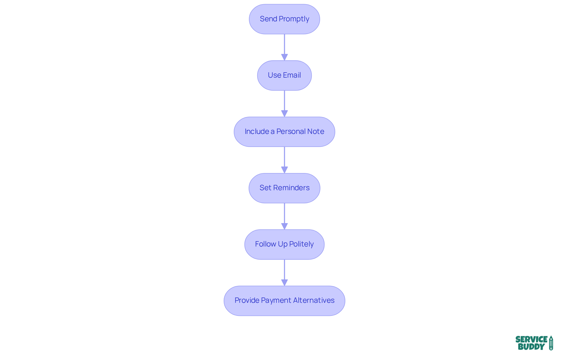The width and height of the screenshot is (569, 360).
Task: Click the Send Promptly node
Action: tap(284, 19)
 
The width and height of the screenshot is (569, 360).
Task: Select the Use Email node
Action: tap(284, 75)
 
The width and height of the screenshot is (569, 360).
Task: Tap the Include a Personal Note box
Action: tap(284, 132)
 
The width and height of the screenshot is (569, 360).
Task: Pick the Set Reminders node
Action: tap(284, 188)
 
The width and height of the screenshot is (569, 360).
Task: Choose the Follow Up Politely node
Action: tap(284, 244)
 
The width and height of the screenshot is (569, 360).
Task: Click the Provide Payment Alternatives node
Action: tap(284, 300)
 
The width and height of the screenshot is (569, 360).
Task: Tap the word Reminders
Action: tap(291, 188)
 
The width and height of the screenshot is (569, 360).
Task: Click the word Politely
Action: tap(301, 244)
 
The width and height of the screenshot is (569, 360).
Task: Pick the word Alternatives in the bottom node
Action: tap(314, 300)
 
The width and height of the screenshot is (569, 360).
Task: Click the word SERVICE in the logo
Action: tap(531, 339)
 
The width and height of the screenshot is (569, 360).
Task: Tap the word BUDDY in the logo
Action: tap(531, 347)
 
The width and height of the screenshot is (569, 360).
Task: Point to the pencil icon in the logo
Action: tap(551, 343)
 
